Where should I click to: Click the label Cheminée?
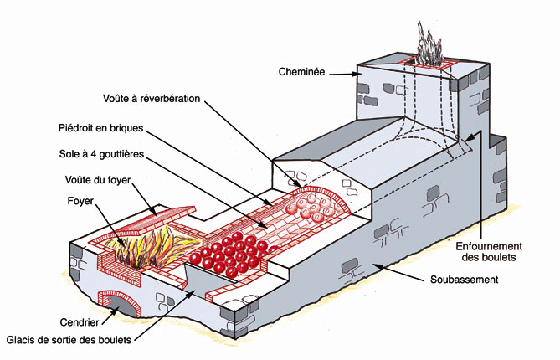point(301,73)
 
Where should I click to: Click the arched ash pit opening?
point(118,303)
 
